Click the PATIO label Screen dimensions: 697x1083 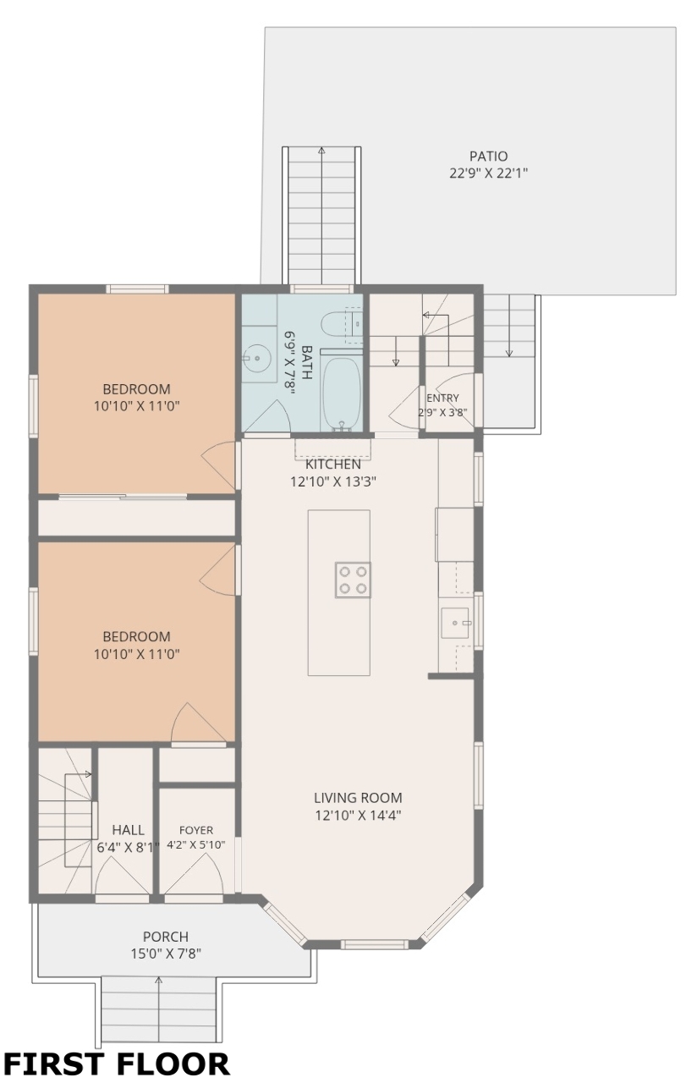tap(488, 157)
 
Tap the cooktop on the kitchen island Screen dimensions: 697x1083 tap(353, 580)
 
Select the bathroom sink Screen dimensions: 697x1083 tap(257, 358)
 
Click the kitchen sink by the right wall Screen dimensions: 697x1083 tap(455, 623)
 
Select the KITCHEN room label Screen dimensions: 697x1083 tap(333, 465)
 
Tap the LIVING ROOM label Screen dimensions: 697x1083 tap(358, 798)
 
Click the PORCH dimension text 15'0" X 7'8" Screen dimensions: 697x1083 tap(166, 954)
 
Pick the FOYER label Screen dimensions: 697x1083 tap(196, 830)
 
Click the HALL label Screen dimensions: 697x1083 tap(128, 830)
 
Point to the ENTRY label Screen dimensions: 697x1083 tap(442, 398)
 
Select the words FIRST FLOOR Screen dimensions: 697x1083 tap(116, 1064)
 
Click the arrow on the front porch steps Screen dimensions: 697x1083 tap(158, 1008)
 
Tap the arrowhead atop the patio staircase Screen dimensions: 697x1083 tap(321, 151)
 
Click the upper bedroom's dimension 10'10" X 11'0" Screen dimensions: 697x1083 tap(137, 405)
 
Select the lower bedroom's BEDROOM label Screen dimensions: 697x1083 tap(137, 636)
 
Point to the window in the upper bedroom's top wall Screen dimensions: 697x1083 tap(137, 289)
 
